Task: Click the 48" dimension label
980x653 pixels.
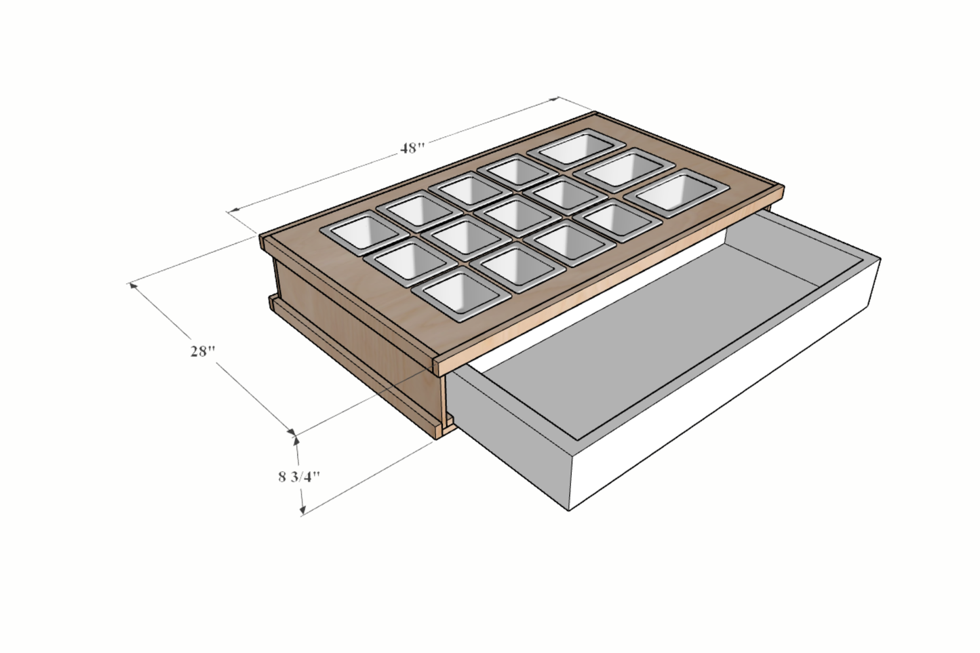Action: click(411, 148)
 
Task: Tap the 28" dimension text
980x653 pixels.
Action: click(202, 351)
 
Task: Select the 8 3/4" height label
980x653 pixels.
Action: click(298, 476)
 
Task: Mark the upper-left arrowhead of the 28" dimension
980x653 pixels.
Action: click(133, 285)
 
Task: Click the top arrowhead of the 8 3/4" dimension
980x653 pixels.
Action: click(296, 441)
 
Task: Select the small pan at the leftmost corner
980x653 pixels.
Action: click(357, 231)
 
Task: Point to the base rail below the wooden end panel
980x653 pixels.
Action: click(353, 366)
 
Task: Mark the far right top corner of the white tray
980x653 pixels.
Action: click(879, 258)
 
